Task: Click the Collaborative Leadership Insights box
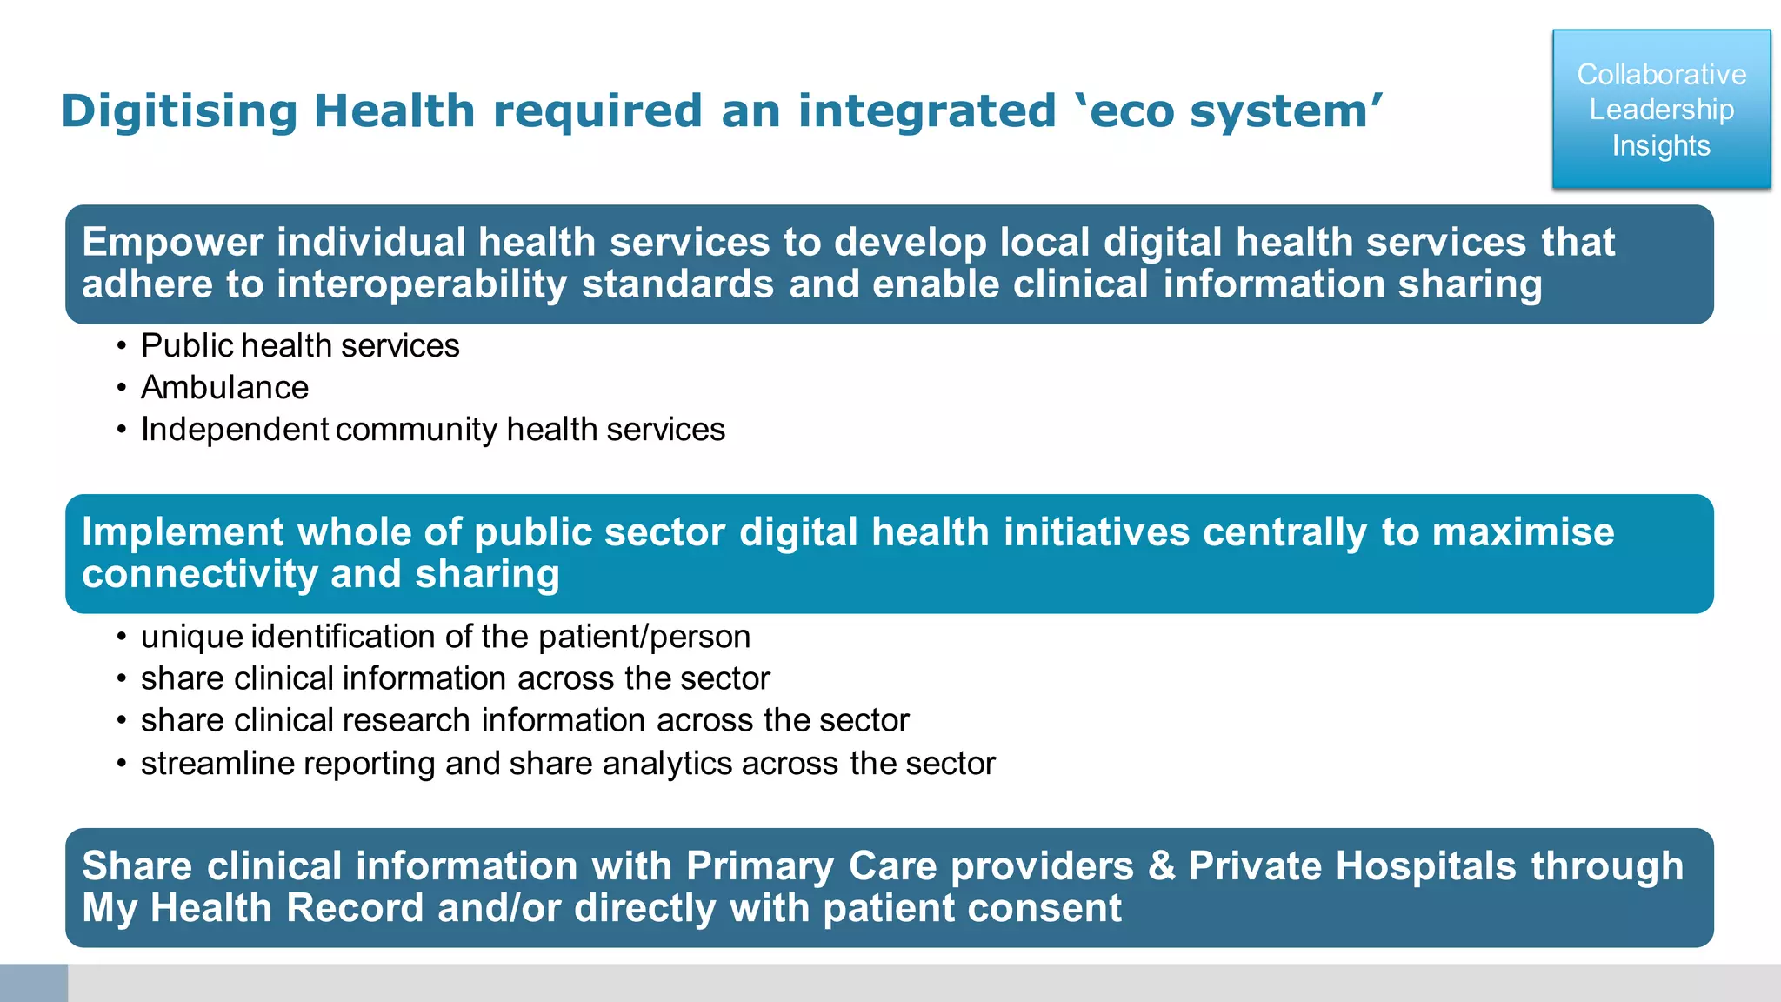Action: [x=1661, y=110]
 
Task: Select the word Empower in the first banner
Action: [x=172, y=243]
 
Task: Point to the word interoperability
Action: [x=422, y=285]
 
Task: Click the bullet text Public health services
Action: [x=300, y=346]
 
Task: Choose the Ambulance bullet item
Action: [x=224, y=388]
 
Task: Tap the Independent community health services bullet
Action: [x=432, y=430]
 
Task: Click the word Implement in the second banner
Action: [x=183, y=532]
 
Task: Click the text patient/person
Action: [x=644, y=637]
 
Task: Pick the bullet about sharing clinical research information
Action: [x=524, y=721]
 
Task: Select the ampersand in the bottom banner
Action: [x=1161, y=866]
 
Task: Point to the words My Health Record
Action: [x=252, y=909]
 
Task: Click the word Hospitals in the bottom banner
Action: [x=1426, y=866]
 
